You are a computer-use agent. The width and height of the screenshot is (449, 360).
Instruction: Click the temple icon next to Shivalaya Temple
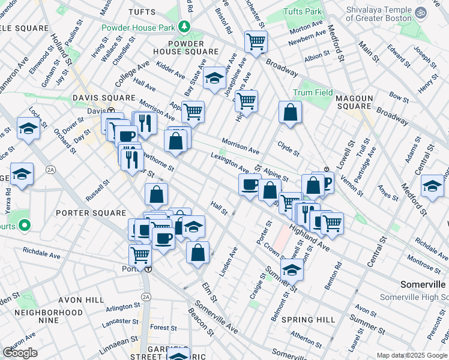[x=420, y=11]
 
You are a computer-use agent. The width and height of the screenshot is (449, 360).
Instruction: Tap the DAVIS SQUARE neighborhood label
[x=103, y=97]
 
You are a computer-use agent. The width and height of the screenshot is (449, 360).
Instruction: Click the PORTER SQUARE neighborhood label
[x=89, y=213]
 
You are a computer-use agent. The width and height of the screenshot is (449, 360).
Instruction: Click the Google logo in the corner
[x=20, y=352]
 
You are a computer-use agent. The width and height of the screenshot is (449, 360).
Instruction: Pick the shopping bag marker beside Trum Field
[x=290, y=112]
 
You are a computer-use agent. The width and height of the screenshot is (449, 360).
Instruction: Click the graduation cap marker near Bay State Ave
[x=214, y=77]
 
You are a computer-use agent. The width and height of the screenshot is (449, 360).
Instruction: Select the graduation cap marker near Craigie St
[x=292, y=271]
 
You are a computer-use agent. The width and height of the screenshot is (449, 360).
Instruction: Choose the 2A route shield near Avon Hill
[x=146, y=296]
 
